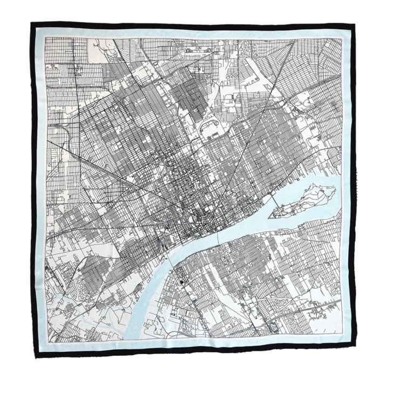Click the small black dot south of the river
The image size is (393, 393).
click(x=181, y=281)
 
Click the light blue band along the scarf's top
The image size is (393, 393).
click(x=194, y=33)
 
